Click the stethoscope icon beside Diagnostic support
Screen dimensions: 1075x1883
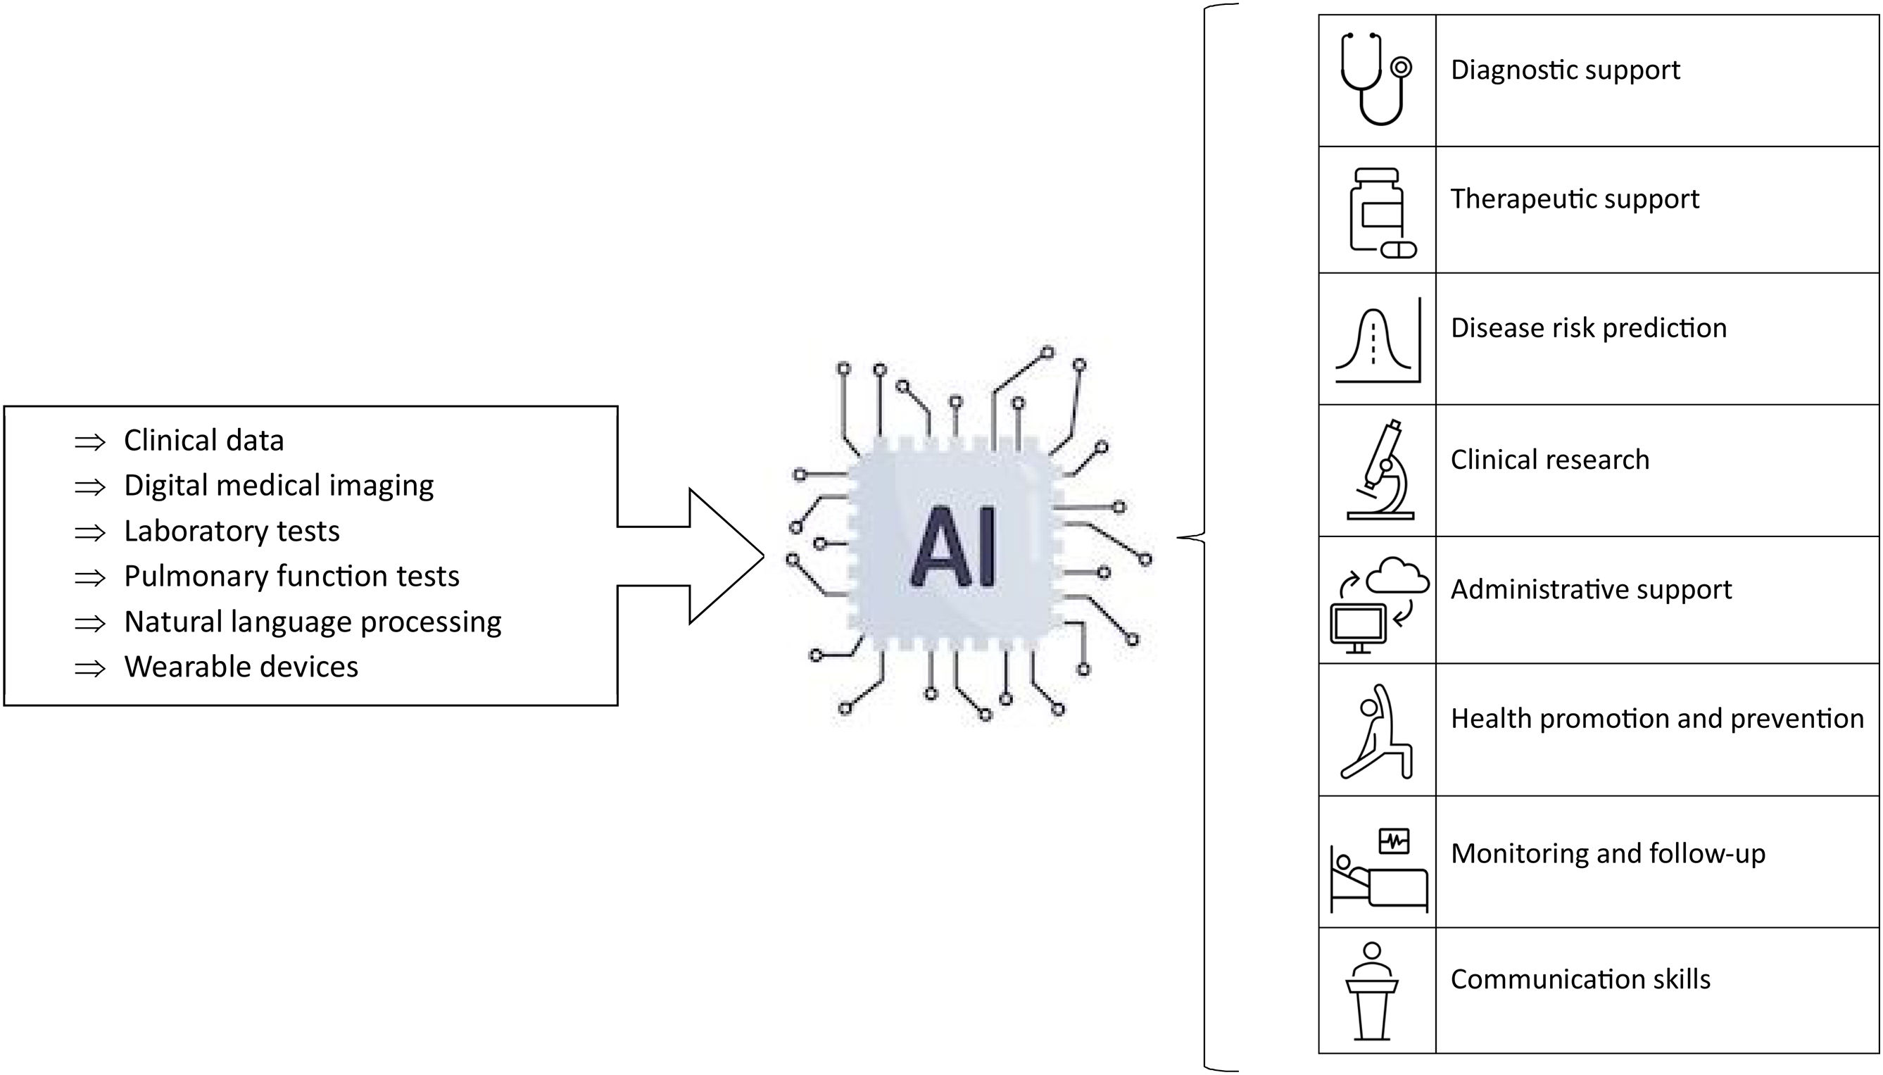coord(1376,79)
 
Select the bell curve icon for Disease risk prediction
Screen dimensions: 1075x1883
coord(1377,340)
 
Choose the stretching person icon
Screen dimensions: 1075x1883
coord(1376,731)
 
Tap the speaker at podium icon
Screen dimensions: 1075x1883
coord(1371,990)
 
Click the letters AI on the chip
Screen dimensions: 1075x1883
coord(954,547)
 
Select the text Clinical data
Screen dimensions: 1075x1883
coord(203,440)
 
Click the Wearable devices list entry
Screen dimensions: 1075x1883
coord(241,667)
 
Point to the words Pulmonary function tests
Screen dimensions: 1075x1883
coord(291,576)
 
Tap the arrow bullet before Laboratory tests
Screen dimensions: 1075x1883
coord(90,532)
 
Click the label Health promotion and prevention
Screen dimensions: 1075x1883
coord(1656,718)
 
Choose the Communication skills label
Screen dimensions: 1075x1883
coord(1580,979)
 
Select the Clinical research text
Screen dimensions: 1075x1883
coord(1549,459)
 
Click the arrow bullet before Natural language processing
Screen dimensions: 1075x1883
coord(90,623)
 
